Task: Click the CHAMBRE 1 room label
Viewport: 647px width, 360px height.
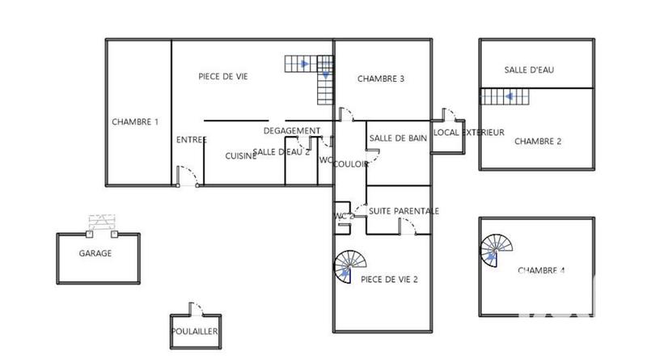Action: (x=135, y=122)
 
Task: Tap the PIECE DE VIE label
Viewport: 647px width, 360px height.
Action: (x=223, y=77)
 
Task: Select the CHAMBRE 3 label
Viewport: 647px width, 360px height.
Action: (x=381, y=79)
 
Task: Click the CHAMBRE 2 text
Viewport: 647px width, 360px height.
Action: (x=538, y=141)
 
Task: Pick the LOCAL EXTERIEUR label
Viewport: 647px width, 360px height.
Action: (x=469, y=133)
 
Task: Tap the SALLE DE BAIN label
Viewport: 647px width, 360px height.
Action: (x=398, y=138)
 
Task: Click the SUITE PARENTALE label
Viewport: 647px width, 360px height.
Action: (x=404, y=211)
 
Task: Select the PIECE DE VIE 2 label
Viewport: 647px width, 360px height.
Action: (x=389, y=280)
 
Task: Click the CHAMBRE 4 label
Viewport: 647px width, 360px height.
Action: (x=541, y=270)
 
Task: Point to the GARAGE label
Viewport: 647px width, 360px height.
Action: (x=95, y=253)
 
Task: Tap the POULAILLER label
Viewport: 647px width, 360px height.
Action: (x=195, y=331)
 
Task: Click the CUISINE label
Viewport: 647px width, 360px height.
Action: (x=240, y=156)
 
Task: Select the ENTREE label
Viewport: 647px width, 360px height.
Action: (x=192, y=140)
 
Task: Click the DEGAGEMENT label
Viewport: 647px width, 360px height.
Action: (x=292, y=131)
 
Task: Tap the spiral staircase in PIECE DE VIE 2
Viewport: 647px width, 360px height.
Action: (x=351, y=265)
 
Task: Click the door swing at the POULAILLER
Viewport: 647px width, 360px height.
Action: (x=195, y=308)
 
